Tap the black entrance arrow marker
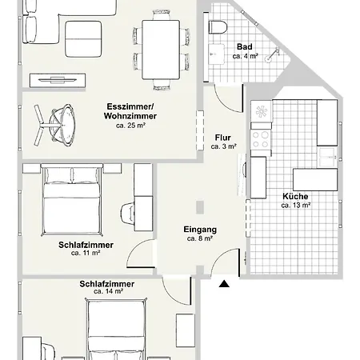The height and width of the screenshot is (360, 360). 226,282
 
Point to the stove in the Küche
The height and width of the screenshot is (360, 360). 261,139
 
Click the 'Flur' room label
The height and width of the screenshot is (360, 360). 223,138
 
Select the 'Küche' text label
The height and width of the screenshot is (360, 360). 295,196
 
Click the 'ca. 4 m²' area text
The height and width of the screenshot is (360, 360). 245,57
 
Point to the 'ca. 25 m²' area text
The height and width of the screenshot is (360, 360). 130,126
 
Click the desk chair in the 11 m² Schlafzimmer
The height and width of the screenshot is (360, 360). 127,214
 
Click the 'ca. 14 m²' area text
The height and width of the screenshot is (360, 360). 107,292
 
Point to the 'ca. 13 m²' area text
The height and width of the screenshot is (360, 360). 295,205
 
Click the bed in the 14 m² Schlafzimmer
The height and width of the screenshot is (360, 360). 116,336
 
